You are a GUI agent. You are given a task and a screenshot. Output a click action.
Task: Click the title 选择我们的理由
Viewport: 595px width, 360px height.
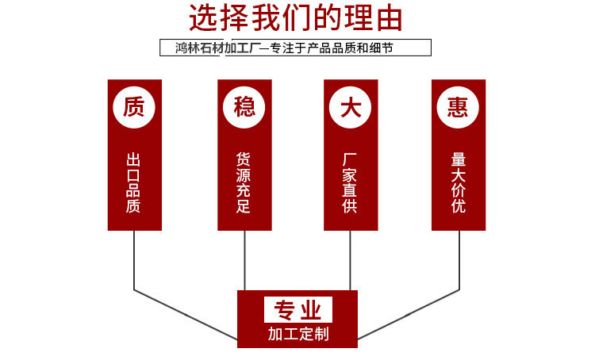(x=296, y=18)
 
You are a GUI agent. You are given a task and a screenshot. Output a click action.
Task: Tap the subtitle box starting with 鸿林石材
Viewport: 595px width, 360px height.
(x=296, y=48)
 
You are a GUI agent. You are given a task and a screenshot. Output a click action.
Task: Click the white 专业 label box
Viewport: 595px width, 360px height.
(x=297, y=309)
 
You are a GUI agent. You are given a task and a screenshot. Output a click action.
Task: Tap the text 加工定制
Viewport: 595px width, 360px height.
(x=297, y=334)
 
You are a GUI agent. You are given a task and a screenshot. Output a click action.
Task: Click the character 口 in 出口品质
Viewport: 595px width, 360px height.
(x=134, y=174)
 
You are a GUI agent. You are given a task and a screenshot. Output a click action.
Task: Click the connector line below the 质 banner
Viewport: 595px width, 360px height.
(x=134, y=262)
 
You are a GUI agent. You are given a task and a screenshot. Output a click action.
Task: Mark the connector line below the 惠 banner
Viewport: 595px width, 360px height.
(x=459, y=262)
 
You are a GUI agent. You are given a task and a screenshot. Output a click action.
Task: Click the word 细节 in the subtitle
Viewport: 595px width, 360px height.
(x=381, y=48)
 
